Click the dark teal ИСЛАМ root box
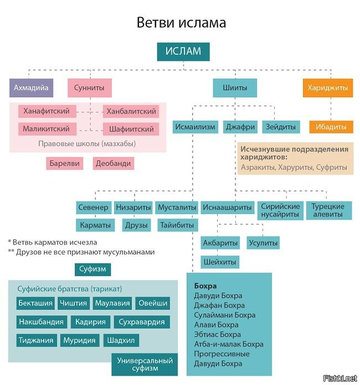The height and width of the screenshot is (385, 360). pyautogui.click(x=183, y=51)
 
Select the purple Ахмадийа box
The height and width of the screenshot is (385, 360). pyautogui.click(x=31, y=87)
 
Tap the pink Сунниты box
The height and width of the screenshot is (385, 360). pyautogui.click(x=90, y=87)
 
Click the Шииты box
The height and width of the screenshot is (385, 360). pyautogui.click(x=235, y=87)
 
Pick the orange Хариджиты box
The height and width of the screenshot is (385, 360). pyautogui.click(x=328, y=87)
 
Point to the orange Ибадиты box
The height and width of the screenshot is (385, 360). pyautogui.click(x=331, y=127)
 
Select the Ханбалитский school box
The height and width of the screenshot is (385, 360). pyautogui.click(x=131, y=111)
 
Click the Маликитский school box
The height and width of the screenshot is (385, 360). pyautogui.click(x=47, y=129)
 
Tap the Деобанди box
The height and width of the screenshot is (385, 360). pyautogui.click(x=114, y=163)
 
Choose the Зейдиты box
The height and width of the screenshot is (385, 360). pyautogui.click(x=281, y=127)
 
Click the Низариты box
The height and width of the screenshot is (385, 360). pyautogui.click(x=133, y=207)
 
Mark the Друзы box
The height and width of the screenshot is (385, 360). pyautogui.click(x=136, y=225)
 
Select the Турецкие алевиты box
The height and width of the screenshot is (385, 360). pyautogui.click(x=329, y=210)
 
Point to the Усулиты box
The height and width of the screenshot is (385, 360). pyautogui.click(x=263, y=243)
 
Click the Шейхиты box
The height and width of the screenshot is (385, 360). pyautogui.click(x=220, y=262)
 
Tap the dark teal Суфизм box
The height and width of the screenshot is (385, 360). pyautogui.click(x=92, y=269)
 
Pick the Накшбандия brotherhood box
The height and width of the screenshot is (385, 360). pyautogui.click(x=42, y=321)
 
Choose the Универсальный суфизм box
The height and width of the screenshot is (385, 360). pyautogui.click(x=145, y=365)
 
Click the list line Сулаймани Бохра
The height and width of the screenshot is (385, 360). pyautogui.click(x=224, y=315)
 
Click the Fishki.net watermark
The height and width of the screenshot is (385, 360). pyautogui.click(x=340, y=378)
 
